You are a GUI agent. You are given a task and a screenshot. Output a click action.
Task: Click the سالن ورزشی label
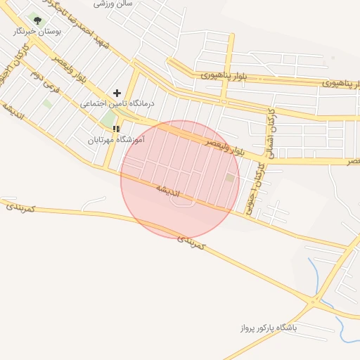(114, 4)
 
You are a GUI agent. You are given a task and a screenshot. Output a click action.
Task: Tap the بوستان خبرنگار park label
(37, 32)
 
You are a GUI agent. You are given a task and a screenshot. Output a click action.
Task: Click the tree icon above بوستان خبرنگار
(37, 20)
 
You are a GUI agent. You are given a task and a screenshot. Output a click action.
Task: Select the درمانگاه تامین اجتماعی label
(117, 103)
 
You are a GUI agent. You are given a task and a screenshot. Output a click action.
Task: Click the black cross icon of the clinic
(117, 93)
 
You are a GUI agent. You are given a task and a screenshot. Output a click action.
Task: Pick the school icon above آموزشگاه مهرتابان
(116, 129)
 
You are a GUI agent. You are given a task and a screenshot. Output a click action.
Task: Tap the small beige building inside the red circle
(230, 178)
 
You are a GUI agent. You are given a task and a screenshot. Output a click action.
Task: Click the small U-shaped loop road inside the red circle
(184, 202)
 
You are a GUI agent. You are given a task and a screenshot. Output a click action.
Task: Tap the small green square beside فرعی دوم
(48, 103)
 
